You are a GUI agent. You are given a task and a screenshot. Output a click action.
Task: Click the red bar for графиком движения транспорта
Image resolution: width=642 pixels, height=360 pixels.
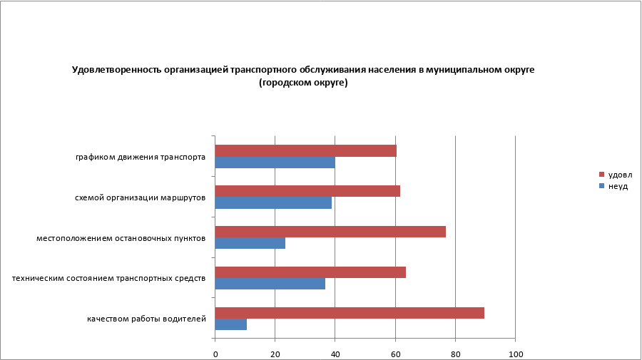click(x=305, y=150)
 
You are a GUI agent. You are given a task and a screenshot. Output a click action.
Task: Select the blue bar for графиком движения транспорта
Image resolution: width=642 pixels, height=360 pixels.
click(x=275, y=163)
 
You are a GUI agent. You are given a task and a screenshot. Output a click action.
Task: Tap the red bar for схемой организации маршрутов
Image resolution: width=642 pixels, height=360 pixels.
click(x=307, y=191)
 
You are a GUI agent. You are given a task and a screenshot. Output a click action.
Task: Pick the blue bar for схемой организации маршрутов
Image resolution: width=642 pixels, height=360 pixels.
click(x=273, y=203)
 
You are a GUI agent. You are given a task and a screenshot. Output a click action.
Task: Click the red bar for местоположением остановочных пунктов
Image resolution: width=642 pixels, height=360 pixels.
click(x=330, y=232)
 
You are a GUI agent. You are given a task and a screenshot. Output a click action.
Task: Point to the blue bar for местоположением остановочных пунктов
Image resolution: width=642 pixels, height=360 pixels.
click(x=250, y=243)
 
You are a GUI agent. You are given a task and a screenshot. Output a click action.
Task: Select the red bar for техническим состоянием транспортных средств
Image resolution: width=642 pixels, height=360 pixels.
click(x=310, y=272)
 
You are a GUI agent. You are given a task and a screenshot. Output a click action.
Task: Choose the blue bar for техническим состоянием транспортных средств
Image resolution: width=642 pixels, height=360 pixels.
click(x=270, y=284)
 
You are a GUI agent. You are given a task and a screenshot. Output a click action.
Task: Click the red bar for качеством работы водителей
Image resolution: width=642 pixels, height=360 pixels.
click(x=350, y=312)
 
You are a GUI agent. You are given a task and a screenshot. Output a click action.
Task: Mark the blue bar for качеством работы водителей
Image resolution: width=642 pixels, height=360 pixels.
click(x=230, y=324)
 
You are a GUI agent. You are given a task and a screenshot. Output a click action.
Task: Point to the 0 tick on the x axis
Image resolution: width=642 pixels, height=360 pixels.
click(x=215, y=354)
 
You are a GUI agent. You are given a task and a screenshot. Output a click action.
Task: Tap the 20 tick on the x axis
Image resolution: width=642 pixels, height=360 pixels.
click(x=275, y=354)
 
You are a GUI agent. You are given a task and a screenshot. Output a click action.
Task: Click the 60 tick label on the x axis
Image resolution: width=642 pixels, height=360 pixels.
click(x=395, y=354)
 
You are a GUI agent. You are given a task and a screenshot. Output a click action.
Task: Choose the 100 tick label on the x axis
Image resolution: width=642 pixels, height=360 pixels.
click(x=515, y=354)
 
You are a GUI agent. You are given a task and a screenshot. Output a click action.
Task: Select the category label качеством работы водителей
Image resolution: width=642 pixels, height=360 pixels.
click(x=146, y=319)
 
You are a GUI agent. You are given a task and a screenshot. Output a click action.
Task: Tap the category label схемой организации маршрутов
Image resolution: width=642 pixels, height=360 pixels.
click(x=141, y=197)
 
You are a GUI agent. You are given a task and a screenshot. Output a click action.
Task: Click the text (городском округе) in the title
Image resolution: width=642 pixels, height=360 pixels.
click(x=303, y=83)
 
